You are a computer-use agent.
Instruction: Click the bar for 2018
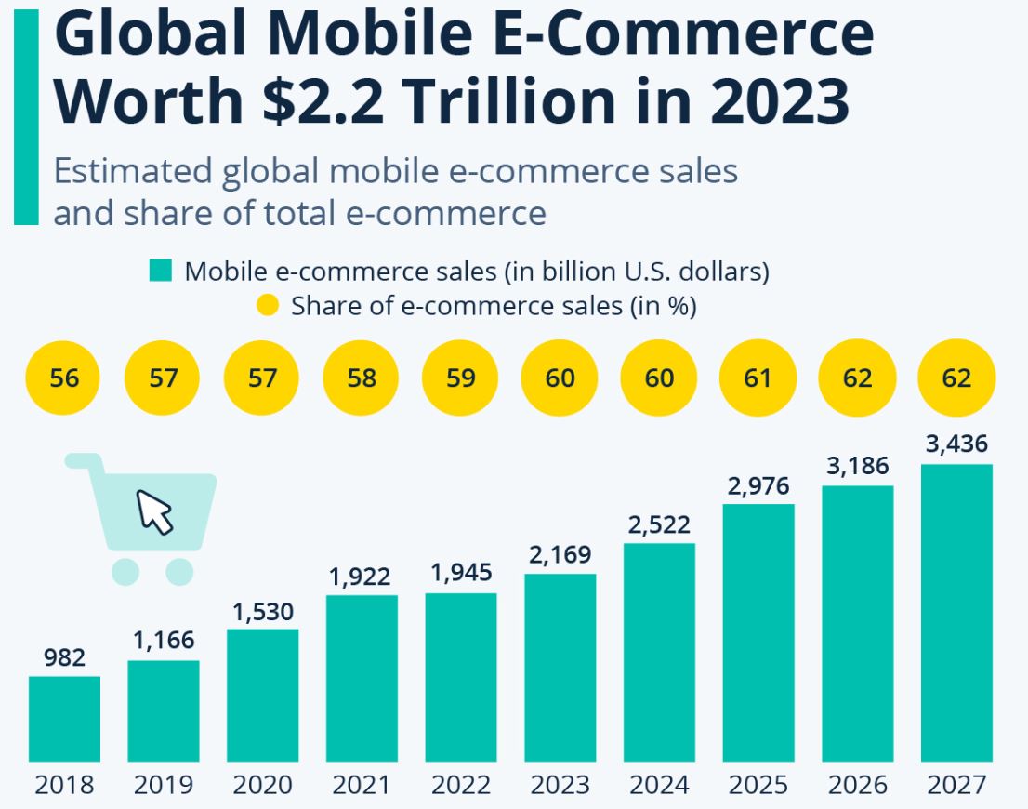coord(64,718)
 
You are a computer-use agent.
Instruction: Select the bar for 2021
coord(362,677)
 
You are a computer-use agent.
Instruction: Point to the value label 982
coord(64,658)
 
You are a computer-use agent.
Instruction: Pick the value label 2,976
coord(758,485)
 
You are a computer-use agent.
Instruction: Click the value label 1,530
coord(262,612)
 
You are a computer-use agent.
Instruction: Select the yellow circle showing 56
coord(64,378)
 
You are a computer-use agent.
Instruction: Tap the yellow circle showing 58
coord(361,378)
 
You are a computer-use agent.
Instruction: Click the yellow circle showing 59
coord(460,378)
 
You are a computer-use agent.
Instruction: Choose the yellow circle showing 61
coord(758,378)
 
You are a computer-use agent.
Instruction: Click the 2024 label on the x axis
coord(659,785)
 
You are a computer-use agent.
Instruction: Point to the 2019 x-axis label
coord(164,785)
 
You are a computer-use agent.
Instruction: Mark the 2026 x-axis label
coord(857,785)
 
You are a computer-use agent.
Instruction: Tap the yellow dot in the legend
coord(267,305)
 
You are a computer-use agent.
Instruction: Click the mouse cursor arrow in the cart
coord(156,511)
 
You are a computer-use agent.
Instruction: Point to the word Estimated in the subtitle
coord(132,172)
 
